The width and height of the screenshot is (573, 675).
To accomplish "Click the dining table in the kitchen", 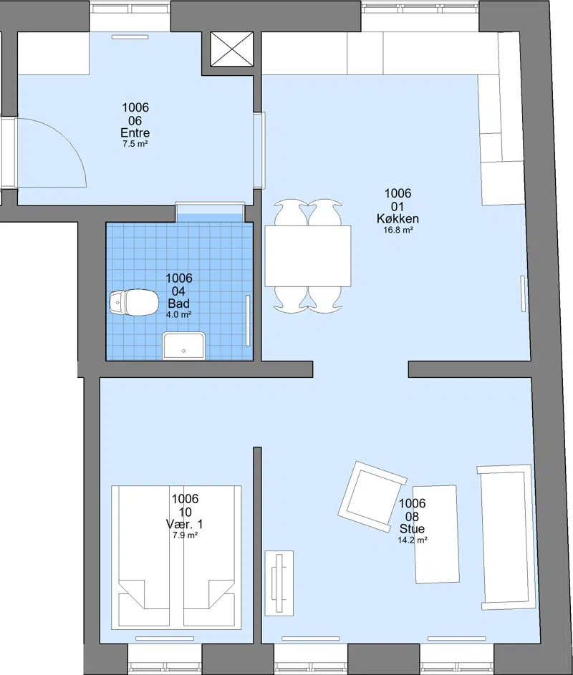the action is tap(307, 256).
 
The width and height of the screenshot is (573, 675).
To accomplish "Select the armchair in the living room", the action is tap(372, 496).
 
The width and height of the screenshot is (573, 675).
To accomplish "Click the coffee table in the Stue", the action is tap(436, 534).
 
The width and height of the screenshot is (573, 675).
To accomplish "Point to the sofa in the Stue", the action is tap(506, 538).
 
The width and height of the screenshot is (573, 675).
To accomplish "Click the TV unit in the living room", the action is tap(279, 583).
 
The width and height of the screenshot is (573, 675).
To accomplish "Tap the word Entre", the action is tap(135, 133).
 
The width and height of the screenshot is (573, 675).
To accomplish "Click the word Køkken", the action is tap(398, 219).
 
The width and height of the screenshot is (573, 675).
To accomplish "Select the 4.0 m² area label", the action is tap(179, 315).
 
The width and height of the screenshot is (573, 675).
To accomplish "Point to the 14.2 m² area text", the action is tap(413, 540).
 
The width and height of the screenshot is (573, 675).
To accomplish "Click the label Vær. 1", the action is tap(184, 525).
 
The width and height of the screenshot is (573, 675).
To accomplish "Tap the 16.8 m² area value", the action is tap(398, 230).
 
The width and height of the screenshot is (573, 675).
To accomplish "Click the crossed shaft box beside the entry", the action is tap(232, 49).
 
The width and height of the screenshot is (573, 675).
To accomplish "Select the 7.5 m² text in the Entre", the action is tap(135, 144).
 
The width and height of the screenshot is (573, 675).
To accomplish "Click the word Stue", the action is tap(413, 529).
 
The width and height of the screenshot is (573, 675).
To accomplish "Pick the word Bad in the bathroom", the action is tap(179, 303).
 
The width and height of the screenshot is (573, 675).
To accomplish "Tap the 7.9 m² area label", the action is tap(185, 535).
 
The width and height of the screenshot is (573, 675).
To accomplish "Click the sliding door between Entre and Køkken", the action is tap(259, 150).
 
